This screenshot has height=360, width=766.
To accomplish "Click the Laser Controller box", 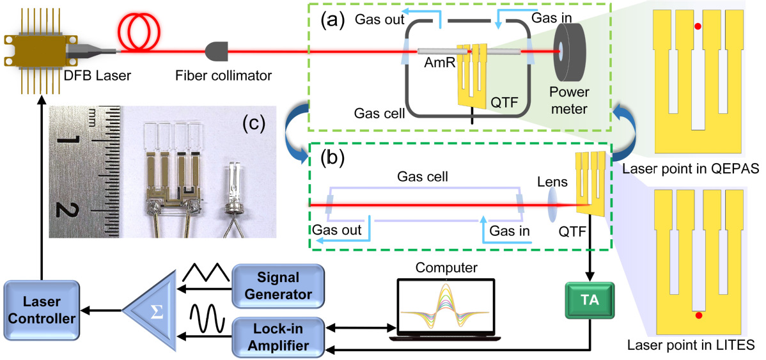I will tap(42, 309).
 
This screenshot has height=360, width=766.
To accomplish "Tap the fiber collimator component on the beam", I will tap(215, 50).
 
